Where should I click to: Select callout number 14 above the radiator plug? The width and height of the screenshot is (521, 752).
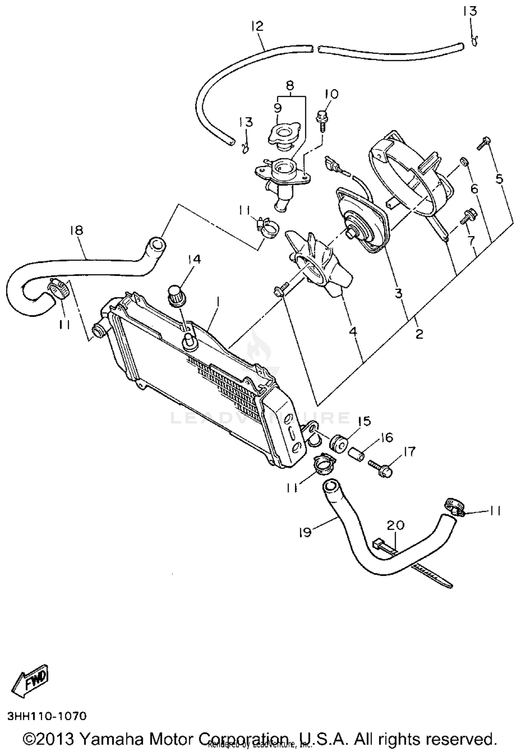coord(195,259)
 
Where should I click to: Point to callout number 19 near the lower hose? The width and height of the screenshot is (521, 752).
coord(305,532)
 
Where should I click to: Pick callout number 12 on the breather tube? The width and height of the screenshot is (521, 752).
coord(257,26)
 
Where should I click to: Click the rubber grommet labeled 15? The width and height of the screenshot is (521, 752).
coord(337,444)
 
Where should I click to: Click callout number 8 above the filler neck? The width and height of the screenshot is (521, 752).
coord(290,85)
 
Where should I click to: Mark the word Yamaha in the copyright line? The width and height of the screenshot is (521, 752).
coord(114,739)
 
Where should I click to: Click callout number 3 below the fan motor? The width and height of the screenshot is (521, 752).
coord(398,293)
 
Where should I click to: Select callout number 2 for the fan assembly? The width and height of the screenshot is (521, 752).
coord(419,334)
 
